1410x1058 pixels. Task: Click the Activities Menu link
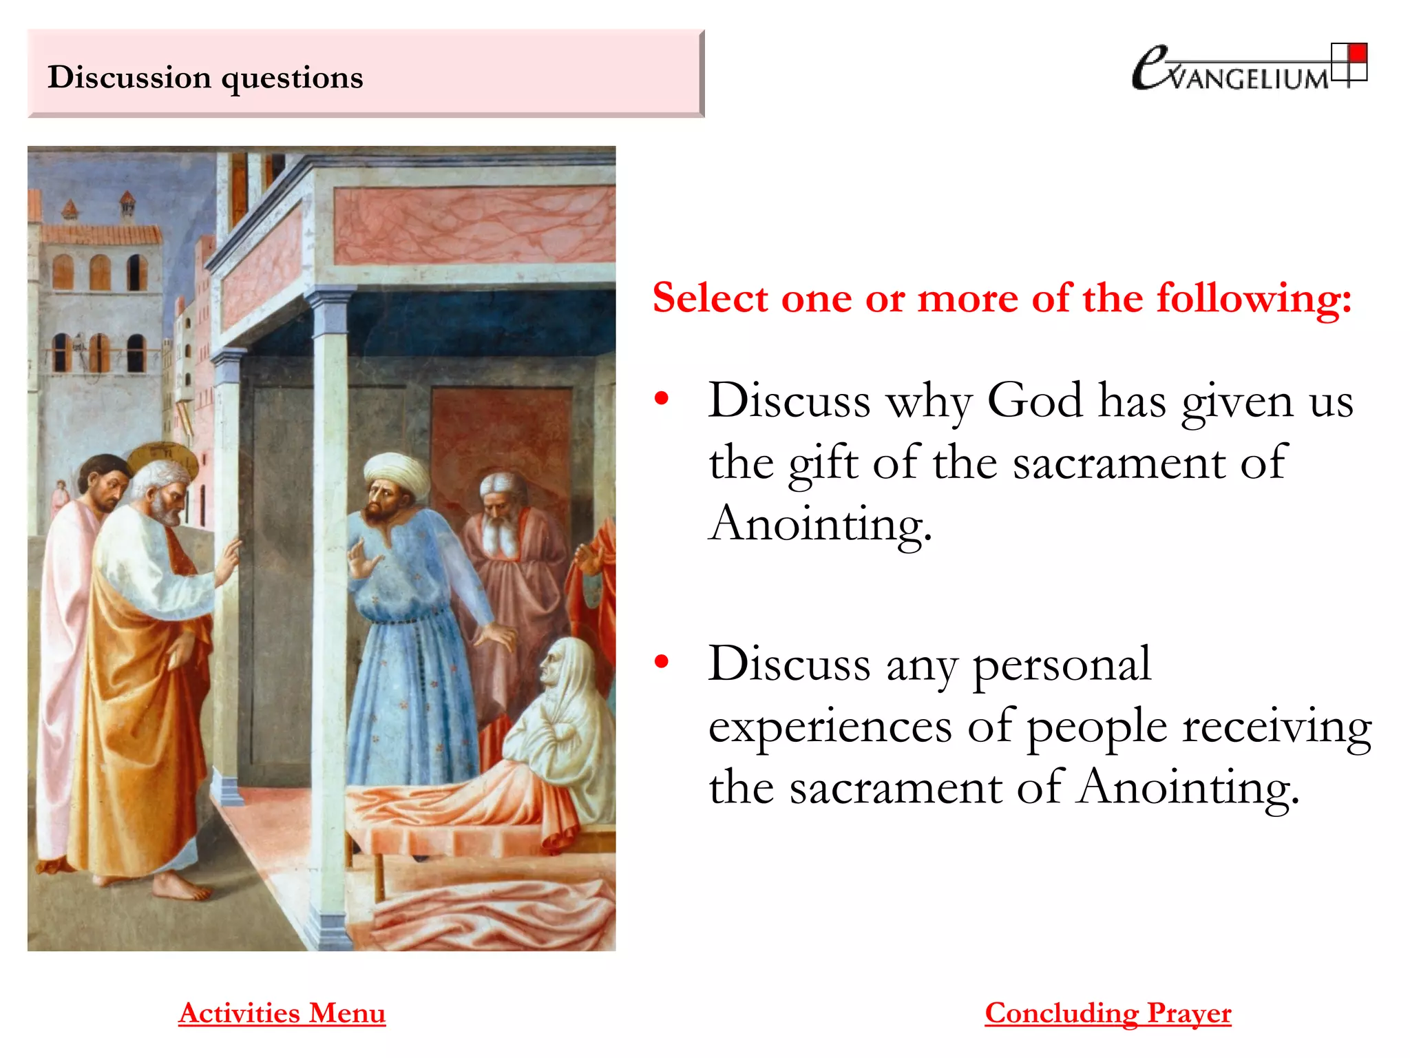point(282,1013)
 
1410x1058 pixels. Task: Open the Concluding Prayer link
point(1108,1013)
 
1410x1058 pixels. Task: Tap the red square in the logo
point(1358,53)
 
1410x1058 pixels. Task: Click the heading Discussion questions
point(205,77)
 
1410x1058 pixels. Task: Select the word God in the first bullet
point(1035,400)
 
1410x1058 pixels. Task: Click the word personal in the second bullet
point(1061,665)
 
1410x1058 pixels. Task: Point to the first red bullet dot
point(662,398)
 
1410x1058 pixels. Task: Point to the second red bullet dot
point(662,662)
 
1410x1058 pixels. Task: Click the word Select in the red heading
point(710,298)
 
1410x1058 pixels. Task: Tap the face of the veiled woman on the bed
point(551,666)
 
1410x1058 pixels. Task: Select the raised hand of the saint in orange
point(229,559)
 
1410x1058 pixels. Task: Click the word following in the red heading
point(1253,298)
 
